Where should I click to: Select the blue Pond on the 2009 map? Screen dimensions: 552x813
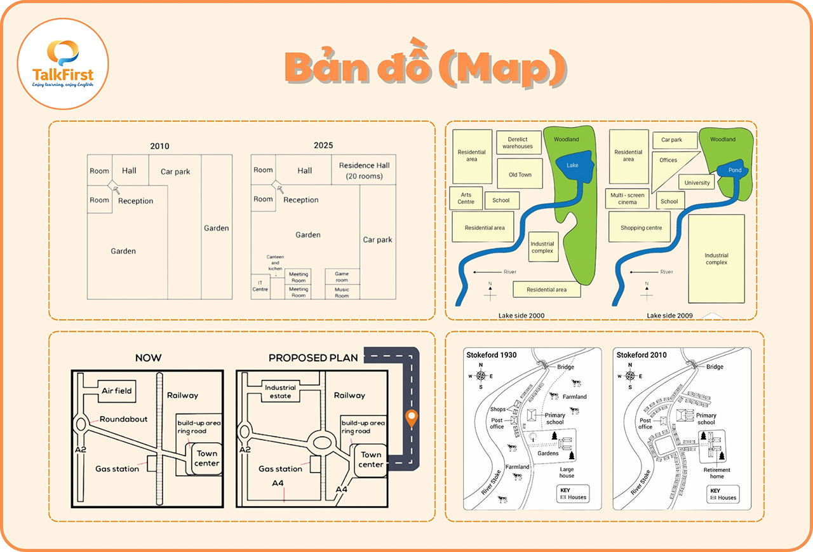coord(734,170)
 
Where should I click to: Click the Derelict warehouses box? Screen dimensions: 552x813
coord(518,142)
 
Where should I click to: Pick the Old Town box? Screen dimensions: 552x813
coord(520,175)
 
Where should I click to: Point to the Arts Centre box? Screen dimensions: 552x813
coord(466,198)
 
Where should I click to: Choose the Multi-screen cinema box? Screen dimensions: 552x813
coord(628,199)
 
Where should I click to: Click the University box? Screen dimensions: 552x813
coord(697,183)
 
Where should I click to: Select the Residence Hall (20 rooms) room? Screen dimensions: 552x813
coord(364,170)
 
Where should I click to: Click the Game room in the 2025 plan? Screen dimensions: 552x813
coord(342,276)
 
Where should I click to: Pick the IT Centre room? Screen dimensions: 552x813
coord(260,286)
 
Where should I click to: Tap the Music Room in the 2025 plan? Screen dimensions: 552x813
coord(342,292)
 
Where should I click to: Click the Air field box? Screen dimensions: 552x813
coord(117,391)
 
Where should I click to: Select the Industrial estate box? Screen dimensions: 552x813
coord(280,391)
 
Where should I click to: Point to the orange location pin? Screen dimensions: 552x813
coord(412,419)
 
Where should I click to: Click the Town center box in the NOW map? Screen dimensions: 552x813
coord(206,458)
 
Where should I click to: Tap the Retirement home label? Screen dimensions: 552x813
coord(716,473)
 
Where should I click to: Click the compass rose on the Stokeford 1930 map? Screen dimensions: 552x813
coord(481,375)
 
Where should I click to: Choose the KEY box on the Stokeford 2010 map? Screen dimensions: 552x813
coord(723,494)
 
